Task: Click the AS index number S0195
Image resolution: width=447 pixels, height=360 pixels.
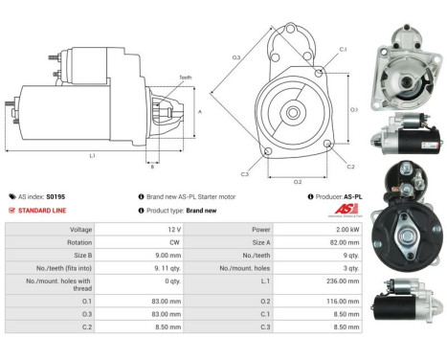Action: pos(56,196)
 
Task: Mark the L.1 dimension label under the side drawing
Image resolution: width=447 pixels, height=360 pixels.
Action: pos(92,154)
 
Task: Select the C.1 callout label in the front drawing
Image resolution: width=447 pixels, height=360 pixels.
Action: pos(343,49)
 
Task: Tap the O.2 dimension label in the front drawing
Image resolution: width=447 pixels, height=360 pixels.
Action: pos(298,180)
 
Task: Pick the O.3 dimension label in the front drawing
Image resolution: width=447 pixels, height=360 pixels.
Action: pos(236,57)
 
